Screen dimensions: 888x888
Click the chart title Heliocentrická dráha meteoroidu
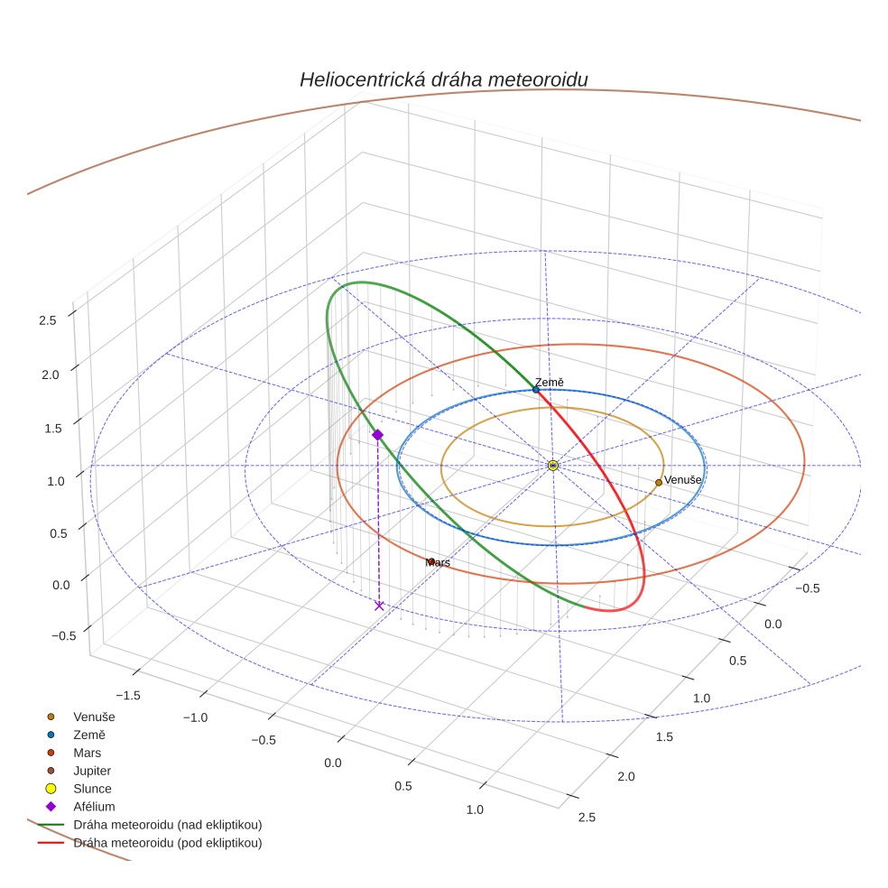(443, 79)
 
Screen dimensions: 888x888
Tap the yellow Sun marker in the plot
(553, 466)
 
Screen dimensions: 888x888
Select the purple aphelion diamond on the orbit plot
(377, 435)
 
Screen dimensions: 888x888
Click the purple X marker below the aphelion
(379, 606)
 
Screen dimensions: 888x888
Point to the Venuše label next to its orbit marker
(683, 480)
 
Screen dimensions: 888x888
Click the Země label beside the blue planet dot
(549, 383)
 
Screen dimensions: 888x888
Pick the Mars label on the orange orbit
(439, 562)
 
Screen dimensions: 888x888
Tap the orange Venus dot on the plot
(659, 483)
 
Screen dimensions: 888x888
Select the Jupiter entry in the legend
(92, 771)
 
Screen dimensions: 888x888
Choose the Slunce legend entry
(92, 789)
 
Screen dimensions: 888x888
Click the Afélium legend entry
(94, 807)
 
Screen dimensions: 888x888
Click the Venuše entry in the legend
(94, 717)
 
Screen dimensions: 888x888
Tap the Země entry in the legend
(90, 735)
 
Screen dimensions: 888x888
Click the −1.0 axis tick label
(194, 717)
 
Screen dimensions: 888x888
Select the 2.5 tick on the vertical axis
(49, 319)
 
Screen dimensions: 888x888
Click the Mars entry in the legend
(87, 753)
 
